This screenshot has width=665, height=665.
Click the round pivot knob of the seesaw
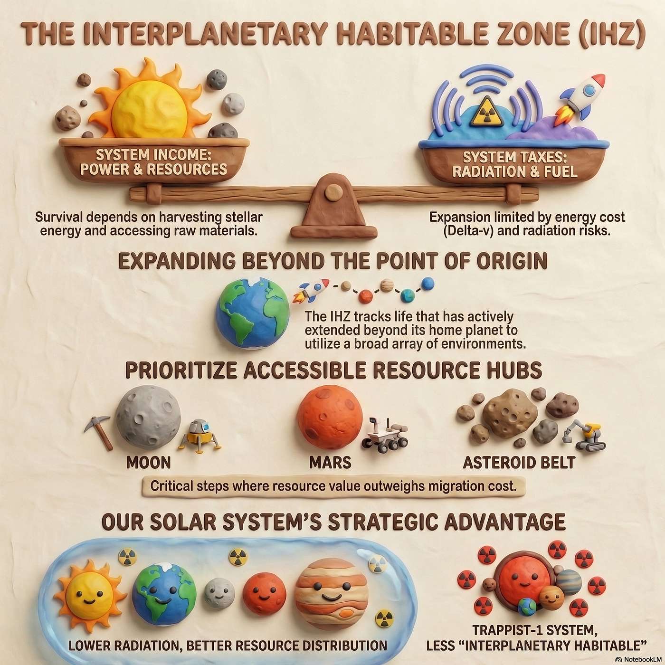click(x=333, y=191)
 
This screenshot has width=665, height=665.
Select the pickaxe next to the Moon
click(x=99, y=430)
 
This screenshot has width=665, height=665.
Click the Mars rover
click(x=385, y=435)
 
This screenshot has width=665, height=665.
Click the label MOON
click(x=148, y=462)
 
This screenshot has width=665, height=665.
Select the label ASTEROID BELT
click(x=519, y=462)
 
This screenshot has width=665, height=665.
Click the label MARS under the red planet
click(x=330, y=462)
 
